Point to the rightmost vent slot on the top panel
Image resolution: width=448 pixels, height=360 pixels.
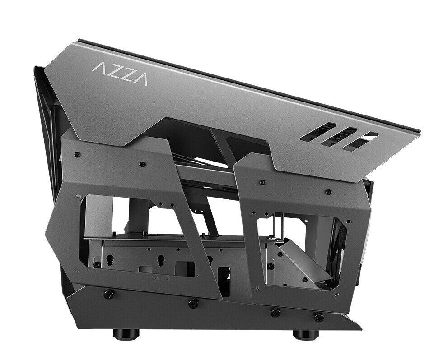pos(360,141)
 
